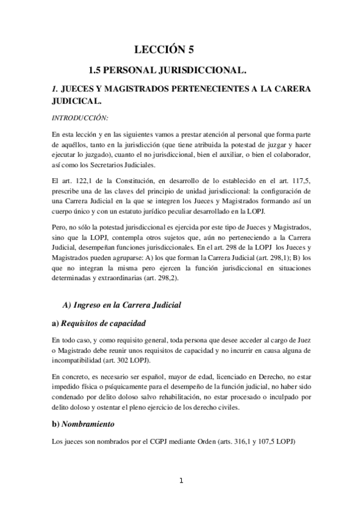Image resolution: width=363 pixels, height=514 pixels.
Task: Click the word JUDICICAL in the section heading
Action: (76, 101)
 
